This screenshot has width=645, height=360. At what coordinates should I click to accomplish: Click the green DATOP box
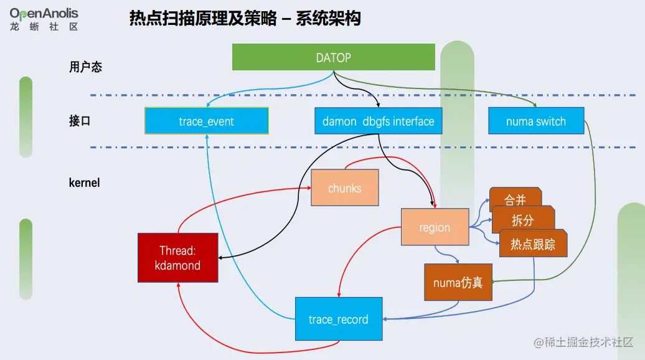(333, 57)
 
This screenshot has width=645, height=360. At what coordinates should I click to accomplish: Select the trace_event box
(206, 121)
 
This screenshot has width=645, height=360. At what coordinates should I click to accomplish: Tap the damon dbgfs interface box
(378, 121)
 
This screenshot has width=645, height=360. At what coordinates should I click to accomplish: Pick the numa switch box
(535, 121)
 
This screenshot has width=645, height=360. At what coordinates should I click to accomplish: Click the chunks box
(344, 187)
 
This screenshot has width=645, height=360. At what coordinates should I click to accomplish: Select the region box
(434, 227)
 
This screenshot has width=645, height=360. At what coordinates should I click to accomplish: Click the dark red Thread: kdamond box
(178, 258)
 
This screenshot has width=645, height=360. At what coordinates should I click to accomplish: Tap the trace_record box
(338, 319)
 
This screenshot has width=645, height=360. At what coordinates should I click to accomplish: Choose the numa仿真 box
(458, 283)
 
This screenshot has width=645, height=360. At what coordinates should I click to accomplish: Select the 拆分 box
(522, 220)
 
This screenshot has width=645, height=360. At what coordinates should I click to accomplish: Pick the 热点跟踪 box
(533, 244)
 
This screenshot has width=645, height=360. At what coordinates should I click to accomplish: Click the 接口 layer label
(80, 121)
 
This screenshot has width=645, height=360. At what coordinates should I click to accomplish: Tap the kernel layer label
(84, 183)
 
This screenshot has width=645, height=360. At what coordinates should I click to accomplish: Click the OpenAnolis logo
(44, 12)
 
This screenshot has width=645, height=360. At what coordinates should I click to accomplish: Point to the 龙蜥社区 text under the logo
(44, 27)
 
